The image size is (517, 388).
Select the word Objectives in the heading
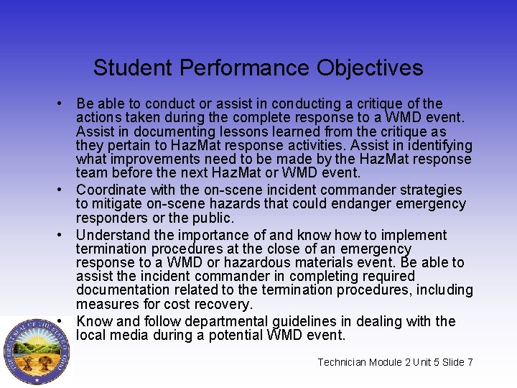click(373, 68)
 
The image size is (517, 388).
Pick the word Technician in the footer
click(343, 362)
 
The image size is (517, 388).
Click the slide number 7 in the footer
click(470, 362)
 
